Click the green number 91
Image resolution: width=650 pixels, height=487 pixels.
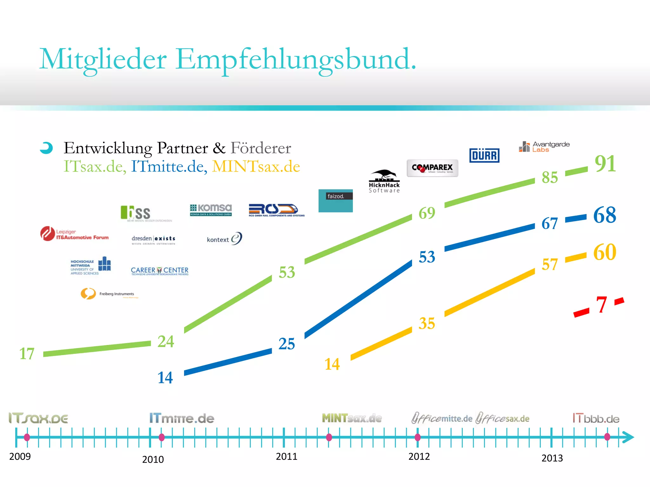[605, 164]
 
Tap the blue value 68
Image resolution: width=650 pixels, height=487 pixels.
[605, 215]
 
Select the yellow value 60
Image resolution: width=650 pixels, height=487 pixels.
[605, 252]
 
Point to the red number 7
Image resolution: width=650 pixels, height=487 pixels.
[601, 305]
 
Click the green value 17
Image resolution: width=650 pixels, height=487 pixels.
[27, 354]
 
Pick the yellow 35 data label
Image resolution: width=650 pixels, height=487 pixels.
[427, 323]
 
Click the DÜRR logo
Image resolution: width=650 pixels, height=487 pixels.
[484, 155]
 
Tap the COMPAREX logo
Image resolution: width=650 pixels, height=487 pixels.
[432, 168]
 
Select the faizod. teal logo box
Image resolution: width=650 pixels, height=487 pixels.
[335, 201]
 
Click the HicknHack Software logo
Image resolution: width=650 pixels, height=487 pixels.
[384, 182]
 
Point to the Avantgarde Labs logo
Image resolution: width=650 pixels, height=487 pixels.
[544, 147]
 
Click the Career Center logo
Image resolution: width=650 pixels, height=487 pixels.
[160, 271]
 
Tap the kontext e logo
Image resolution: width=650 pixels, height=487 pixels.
[224, 239]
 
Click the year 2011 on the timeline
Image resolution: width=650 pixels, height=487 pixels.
[286, 457]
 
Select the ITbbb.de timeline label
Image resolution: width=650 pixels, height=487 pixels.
[596, 419]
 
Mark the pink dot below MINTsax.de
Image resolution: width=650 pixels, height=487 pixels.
[329, 437]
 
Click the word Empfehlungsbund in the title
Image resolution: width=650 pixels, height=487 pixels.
[295, 59]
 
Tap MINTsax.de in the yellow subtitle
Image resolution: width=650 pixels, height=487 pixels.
[256, 166]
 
